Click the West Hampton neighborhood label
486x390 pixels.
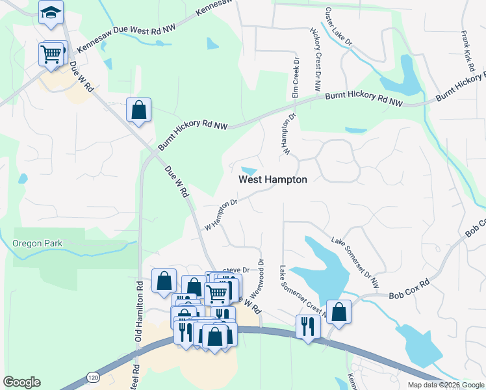[272, 179]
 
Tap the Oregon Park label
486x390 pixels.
[36, 243]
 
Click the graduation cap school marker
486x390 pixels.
[50, 12]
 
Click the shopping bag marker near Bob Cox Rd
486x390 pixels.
[339, 311]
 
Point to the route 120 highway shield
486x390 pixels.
[93, 377]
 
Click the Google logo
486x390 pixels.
[21, 382]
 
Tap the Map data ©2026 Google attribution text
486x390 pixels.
[446, 385]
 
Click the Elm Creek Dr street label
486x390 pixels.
[296, 78]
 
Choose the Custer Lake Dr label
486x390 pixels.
[338, 27]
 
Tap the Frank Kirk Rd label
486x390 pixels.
[467, 51]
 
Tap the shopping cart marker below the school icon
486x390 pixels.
[51, 53]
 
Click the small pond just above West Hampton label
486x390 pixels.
[248, 163]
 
